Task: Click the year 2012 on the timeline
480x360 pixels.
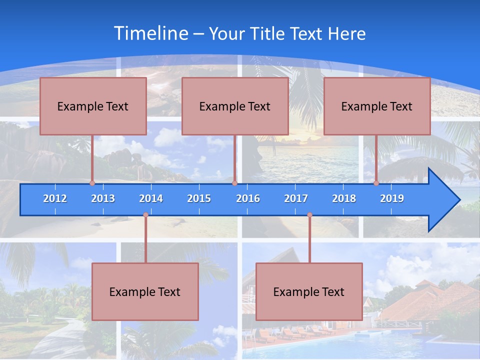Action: pyautogui.click(x=55, y=198)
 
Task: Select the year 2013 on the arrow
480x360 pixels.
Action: pyautogui.click(x=103, y=198)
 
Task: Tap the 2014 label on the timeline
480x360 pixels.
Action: pyautogui.click(x=151, y=198)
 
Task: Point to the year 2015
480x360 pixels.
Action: pyautogui.click(x=199, y=198)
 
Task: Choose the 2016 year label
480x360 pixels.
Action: pyautogui.click(x=248, y=198)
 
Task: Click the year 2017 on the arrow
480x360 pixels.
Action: pyautogui.click(x=296, y=198)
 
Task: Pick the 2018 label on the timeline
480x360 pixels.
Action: pyautogui.click(x=344, y=198)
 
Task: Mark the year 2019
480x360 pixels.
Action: pyautogui.click(x=392, y=198)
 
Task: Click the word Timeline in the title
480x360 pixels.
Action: pyautogui.click(x=150, y=33)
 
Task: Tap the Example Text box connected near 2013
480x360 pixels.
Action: pyautogui.click(x=93, y=106)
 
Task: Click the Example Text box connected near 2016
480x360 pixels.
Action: pyautogui.click(x=235, y=106)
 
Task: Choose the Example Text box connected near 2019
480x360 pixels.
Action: pyautogui.click(x=377, y=106)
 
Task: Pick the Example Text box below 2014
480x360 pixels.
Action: pyautogui.click(x=145, y=292)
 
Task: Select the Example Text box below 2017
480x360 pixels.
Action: pyautogui.click(x=309, y=292)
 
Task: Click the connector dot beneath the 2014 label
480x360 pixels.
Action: pyautogui.click(x=145, y=215)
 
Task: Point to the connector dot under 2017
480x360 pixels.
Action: pyautogui.click(x=309, y=215)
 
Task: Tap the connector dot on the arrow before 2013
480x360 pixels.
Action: pyautogui.click(x=92, y=183)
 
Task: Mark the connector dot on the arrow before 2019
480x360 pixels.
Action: pyautogui.click(x=376, y=183)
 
